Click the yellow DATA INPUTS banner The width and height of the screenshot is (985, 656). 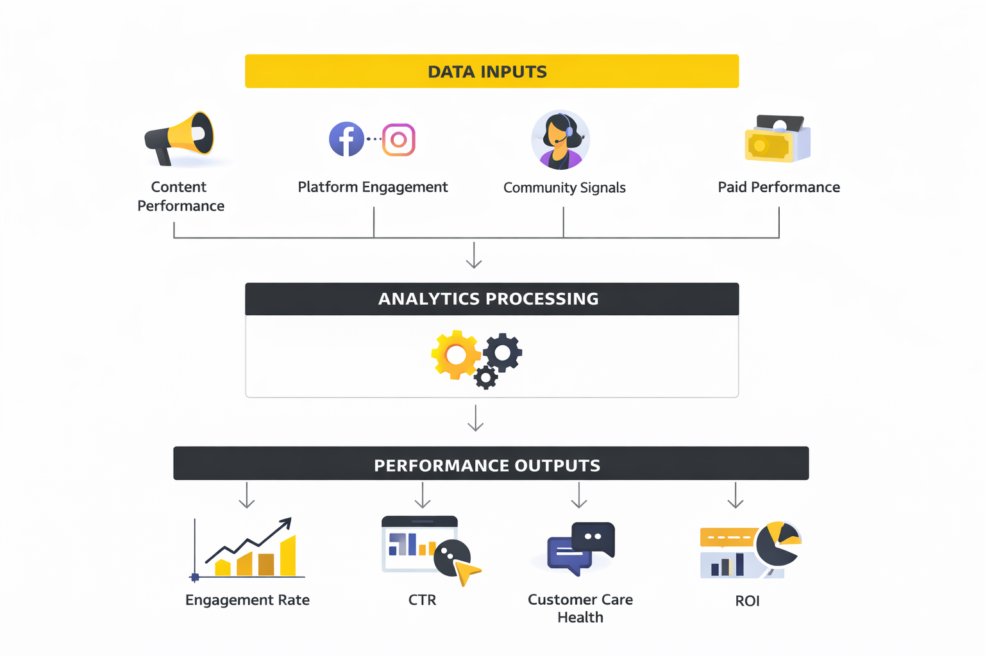coord(491,71)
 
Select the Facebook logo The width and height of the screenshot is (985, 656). coord(346,139)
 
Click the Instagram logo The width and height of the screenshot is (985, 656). coord(399,140)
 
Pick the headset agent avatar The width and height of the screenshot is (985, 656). coord(560,140)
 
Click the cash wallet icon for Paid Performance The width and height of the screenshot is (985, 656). coord(777,139)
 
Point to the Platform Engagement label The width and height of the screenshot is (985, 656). coord(373,187)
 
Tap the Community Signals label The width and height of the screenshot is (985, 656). coord(564,188)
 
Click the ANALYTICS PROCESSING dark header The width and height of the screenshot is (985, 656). coord(491,299)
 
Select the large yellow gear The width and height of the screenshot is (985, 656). coord(456,354)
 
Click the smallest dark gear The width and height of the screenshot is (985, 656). coord(485,377)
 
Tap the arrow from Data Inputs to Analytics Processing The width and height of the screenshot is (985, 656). coord(474,256)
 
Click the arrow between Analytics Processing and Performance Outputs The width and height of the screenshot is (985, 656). coord(475,418)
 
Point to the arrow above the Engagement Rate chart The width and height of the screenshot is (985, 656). coord(247,495)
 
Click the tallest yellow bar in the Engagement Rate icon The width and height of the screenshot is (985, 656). coord(288,556)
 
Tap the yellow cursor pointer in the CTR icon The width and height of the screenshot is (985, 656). coord(467,571)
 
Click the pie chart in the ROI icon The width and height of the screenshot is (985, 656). coord(778,544)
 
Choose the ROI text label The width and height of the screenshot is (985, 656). coord(747,601)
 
